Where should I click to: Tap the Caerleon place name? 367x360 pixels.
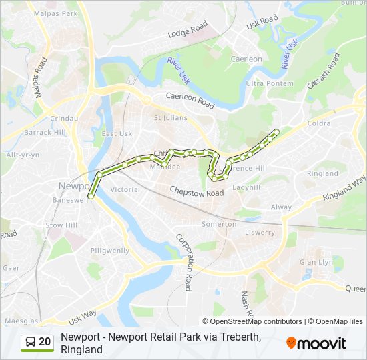pos(246,59)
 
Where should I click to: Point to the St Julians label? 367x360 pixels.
pos(167,119)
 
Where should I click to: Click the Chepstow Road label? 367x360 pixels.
pos(196,192)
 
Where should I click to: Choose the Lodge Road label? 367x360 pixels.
pos(188,31)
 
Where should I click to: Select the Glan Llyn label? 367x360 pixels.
pos(316,262)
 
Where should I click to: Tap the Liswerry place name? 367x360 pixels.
pos(260,233)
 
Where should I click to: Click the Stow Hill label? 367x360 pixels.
pos(62,225)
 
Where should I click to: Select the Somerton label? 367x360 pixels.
pos(219,224)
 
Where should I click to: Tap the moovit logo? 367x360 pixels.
pos(316,343)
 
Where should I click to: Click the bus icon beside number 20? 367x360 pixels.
pos(31,342)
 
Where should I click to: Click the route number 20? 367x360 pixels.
pos(45,342)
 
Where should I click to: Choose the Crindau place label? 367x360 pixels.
pos(64,118)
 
